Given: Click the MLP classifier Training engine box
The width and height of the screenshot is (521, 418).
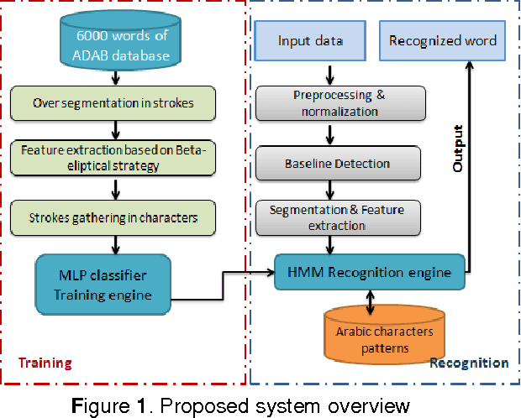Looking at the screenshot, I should point(103,285).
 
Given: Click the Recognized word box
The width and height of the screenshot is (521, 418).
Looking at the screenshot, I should point(442,39).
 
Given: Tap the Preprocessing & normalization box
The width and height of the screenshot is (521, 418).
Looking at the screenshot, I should point(339,102).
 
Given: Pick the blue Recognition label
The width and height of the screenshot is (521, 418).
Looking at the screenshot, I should point(469,363).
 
